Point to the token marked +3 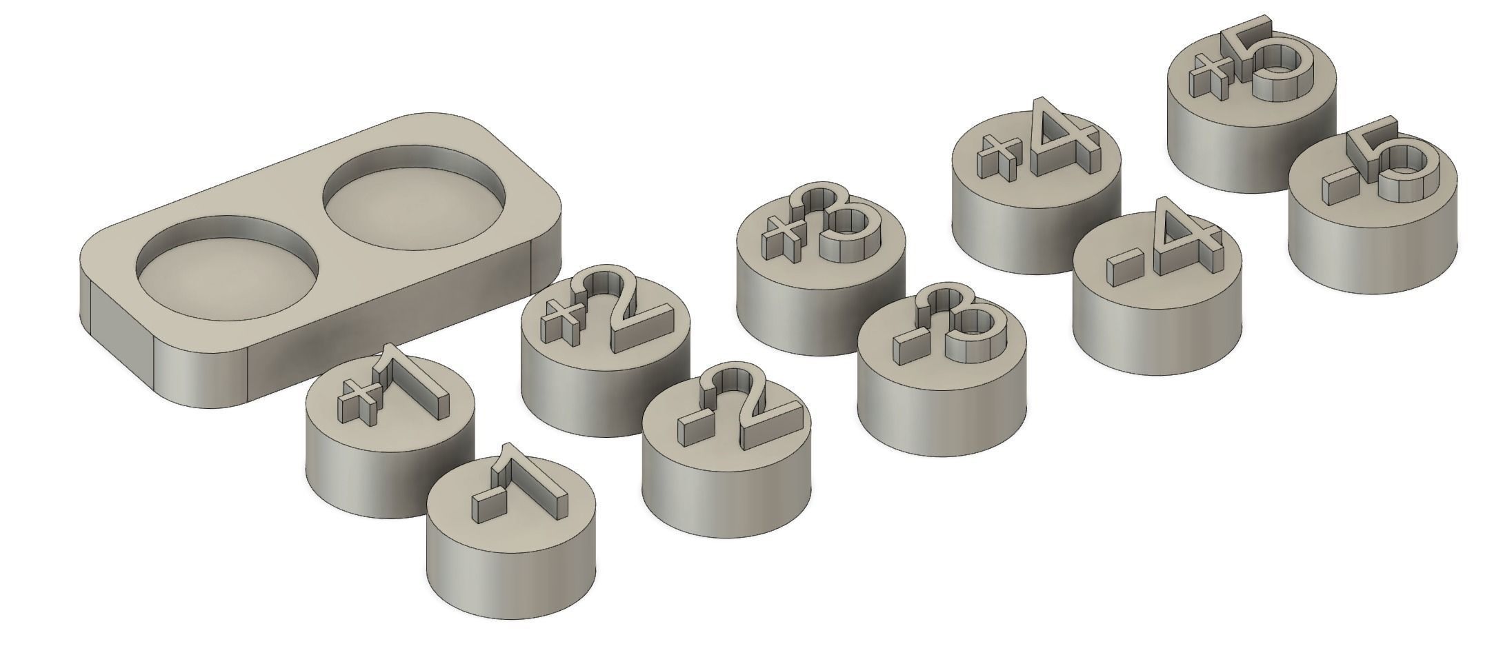coord(821,276)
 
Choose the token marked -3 coord(942,372)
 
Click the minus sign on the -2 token coord(688,428)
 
